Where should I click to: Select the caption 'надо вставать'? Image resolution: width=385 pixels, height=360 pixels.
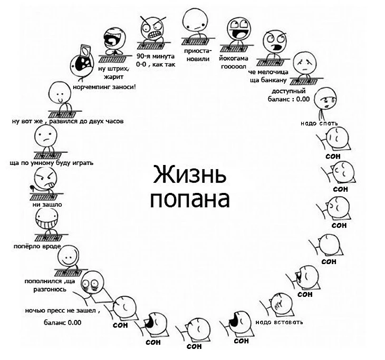point(279,322)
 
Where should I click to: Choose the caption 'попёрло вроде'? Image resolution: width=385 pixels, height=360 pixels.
point(37,246)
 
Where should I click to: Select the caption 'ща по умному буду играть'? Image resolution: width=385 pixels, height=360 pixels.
point(51,162)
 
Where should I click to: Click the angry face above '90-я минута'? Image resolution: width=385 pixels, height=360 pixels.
point(153,26)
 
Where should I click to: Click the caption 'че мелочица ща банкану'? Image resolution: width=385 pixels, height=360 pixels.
point(268,76)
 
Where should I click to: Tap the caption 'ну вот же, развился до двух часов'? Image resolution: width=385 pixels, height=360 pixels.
point(68,121)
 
